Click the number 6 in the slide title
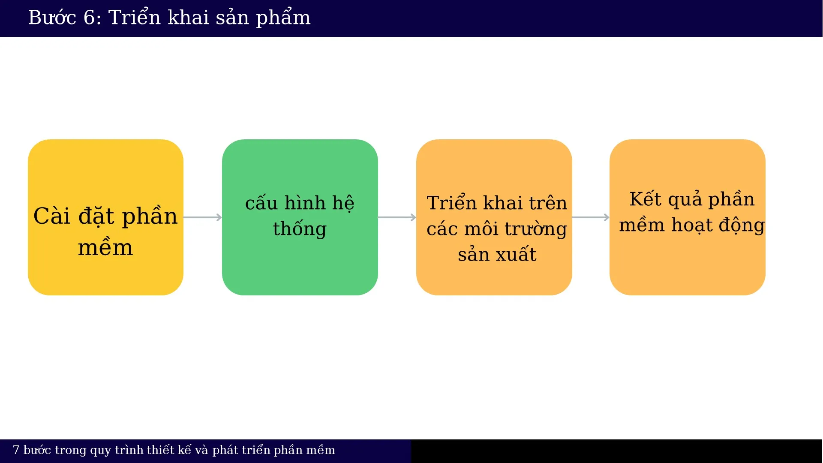[x=89, y=18]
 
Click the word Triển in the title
[x=134, y=18]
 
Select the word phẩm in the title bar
[x=283, y=18]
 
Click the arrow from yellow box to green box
[x=202, y=217]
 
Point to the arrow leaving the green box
[x=396, y=217]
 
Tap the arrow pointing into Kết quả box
[x=590, y=217]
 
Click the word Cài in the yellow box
[x=51, y=216]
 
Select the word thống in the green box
[x=300, y=229]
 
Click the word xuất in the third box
[x=517, y=255]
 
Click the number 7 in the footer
[x=16, y=450]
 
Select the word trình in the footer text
[x=129, y=450]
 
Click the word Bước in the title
[x=52, y=18]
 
